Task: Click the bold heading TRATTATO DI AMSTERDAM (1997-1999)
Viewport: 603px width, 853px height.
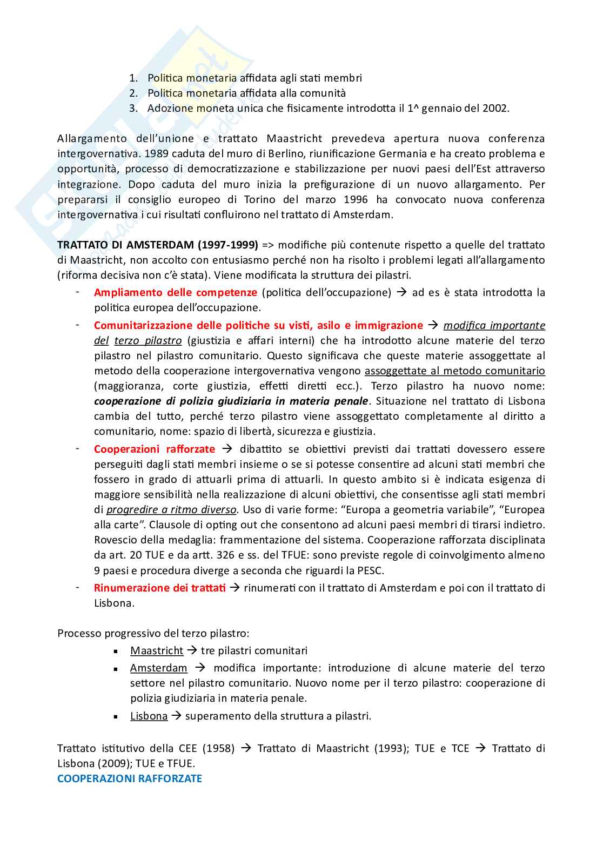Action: [158, 245]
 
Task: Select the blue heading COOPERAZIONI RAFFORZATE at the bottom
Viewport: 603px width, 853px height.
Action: [130, 778]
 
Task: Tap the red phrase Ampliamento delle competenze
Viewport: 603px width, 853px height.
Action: [176, 292]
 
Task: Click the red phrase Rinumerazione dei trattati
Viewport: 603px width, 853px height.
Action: [160, 588]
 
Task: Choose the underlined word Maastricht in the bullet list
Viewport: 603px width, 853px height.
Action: [157, 650]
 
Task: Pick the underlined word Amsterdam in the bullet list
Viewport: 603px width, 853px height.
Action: [159, 668]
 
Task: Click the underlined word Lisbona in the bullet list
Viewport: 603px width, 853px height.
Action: [149, 716]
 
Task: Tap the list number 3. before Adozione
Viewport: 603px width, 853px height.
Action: [133, 108]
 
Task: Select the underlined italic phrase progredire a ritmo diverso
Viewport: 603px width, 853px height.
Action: [171, 509]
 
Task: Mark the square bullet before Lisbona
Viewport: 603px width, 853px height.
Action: [116, 716]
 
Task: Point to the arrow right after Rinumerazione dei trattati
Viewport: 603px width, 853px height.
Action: [235, 588]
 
